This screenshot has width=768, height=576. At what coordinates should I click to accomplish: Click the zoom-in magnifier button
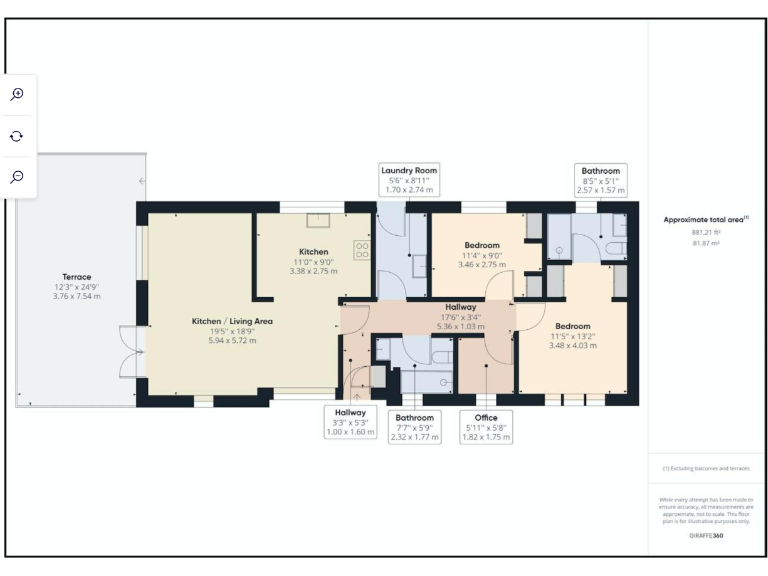[17, 94]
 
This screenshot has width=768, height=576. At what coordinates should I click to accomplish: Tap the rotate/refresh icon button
[17, 135]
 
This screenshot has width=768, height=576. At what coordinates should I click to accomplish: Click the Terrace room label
[77, 277]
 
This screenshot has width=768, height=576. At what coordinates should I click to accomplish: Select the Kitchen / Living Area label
[232, 321]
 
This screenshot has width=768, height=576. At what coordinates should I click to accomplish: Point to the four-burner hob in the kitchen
[362, 250]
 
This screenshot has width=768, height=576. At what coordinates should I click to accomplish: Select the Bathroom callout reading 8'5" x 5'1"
[601, 180]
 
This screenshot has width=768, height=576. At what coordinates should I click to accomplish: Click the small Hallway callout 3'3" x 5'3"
[350, 421]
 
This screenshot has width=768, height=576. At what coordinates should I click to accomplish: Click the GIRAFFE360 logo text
[707, 535]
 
